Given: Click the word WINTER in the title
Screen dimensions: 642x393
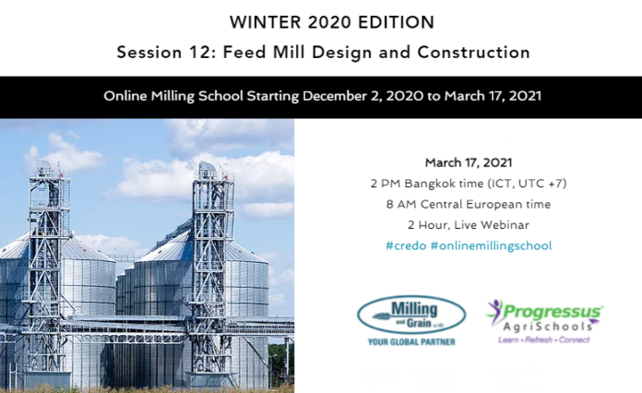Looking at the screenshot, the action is [x=266, y=22].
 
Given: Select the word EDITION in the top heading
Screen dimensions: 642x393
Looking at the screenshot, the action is [x=396, y=22].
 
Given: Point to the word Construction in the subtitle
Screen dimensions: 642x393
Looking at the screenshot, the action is [x=474, y=53].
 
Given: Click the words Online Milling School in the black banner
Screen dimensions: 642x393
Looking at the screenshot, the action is [x=173, y=96].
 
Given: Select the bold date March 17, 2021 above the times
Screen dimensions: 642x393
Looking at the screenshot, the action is [x=469, y=162].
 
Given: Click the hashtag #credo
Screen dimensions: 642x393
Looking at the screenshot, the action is [x=406, y=245].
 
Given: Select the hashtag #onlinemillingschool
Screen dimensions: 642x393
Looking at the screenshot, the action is [x=491, y=246].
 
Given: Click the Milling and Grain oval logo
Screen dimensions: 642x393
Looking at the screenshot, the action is [x=411, y=316].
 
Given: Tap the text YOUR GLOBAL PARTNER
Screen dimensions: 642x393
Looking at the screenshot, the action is [x=411, y=342].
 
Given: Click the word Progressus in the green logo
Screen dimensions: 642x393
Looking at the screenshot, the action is [x=553, y=312].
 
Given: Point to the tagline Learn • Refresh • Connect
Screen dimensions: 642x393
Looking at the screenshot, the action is [x=543, y=339].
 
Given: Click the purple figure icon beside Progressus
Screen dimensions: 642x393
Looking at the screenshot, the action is [x=494, y=310].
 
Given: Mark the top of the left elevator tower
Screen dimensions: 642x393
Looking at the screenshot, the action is [x=44, y=161].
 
